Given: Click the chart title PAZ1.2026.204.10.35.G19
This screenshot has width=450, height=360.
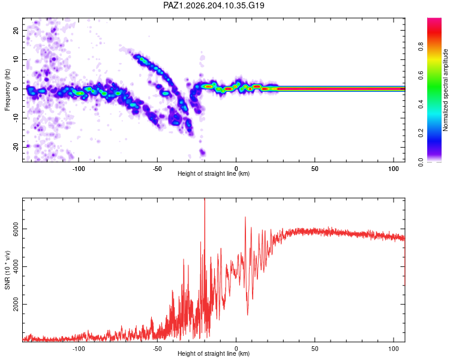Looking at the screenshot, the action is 214,5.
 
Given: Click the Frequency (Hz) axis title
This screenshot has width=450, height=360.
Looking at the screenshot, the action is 7,90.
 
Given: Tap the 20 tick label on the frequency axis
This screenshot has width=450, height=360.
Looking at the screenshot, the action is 16,30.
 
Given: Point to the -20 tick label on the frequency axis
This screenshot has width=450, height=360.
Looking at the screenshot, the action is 16,147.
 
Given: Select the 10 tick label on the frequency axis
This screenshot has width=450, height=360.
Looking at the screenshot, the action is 16,59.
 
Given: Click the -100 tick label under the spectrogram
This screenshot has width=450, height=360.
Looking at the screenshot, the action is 79,169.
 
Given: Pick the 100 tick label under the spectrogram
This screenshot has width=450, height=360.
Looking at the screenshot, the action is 394,169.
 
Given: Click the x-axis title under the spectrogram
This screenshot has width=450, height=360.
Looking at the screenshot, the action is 214,173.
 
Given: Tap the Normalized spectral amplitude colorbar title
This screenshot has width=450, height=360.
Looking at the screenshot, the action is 445,90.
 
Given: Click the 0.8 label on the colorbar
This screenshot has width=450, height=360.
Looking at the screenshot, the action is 421,47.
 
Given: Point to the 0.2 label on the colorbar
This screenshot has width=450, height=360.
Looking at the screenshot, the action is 421,133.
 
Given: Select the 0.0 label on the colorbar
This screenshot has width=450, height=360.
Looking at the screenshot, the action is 421,162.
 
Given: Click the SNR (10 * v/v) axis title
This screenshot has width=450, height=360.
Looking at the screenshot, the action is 7,270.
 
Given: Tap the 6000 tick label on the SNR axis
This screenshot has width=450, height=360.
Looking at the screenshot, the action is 16,229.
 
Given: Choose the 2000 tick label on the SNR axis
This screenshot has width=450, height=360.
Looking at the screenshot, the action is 16,304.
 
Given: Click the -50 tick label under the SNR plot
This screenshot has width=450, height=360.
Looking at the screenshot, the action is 157,349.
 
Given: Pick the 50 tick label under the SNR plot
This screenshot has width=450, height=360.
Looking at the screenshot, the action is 315,349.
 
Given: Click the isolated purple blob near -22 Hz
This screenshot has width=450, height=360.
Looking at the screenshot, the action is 203,152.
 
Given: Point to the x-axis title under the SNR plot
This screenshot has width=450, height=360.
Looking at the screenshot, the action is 214,353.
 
